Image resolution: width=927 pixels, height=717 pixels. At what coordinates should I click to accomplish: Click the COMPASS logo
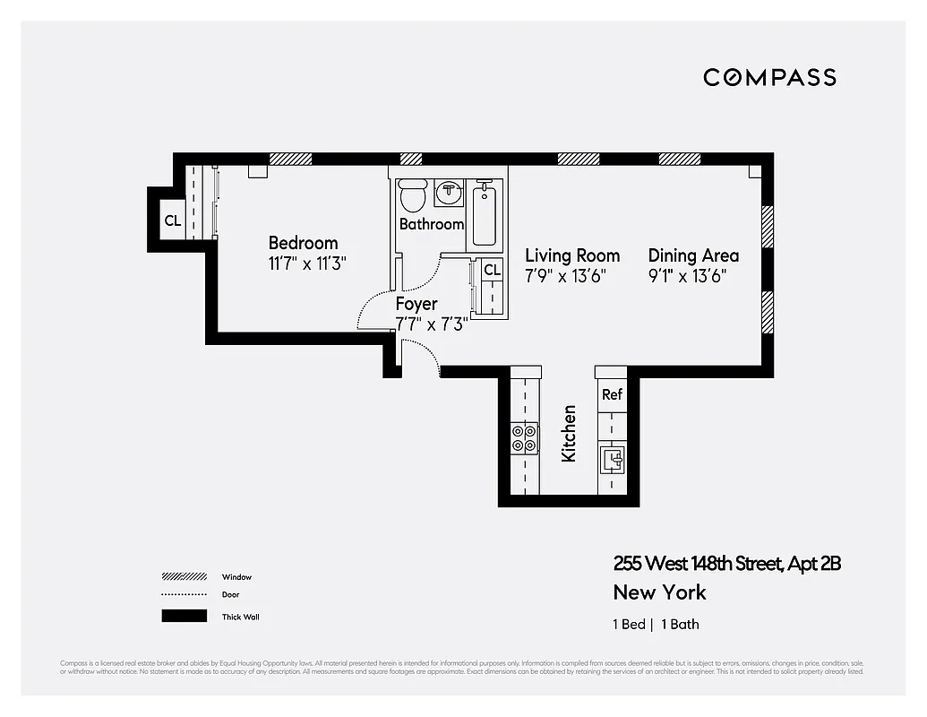769,77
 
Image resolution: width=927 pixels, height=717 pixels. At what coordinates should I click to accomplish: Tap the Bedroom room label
303,243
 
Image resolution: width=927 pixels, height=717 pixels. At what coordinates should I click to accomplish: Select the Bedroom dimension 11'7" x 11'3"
307,263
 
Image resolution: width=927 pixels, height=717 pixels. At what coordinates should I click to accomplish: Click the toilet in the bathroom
413,195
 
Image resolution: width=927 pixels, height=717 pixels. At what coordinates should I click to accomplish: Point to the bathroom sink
449,192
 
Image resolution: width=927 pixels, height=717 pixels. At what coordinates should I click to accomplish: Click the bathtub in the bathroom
484,214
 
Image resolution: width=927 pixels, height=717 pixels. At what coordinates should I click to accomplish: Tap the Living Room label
572,255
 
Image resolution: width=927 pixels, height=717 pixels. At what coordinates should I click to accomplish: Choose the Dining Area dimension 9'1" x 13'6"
687,276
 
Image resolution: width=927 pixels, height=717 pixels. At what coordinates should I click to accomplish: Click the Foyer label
416,305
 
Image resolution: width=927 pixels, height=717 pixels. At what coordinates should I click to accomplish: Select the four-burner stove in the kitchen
525,437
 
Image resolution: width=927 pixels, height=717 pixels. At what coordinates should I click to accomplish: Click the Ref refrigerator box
612,394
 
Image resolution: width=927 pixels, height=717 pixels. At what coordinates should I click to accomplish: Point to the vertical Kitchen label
569,434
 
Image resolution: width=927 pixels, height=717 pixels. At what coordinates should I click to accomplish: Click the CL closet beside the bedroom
173,220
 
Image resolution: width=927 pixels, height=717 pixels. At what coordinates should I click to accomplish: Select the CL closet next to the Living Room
492,270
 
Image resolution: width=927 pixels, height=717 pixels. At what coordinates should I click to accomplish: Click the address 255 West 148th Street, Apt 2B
726,564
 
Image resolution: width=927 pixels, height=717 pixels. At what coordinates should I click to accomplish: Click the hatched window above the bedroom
290,159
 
